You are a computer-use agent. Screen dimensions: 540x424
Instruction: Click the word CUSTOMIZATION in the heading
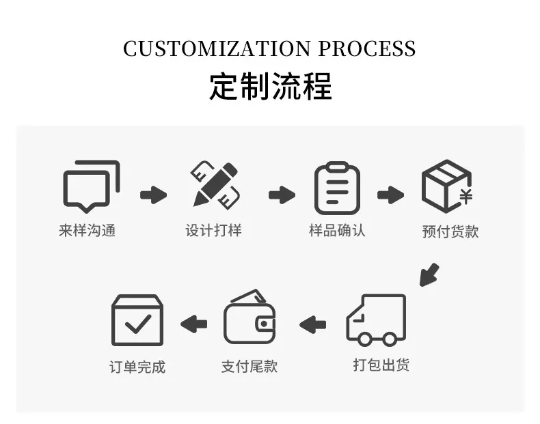pos(217,48)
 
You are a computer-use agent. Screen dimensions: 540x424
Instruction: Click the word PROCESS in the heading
pos(367,48)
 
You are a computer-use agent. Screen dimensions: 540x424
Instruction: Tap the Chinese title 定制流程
pos(271,86)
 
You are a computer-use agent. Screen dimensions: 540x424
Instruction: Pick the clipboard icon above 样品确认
pos(337,188)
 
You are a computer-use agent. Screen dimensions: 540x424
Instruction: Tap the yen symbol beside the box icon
pos(466,197)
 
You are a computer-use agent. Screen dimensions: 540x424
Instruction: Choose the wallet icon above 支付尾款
pos(249,317)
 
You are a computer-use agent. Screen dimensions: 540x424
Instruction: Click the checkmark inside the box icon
pos(138,324)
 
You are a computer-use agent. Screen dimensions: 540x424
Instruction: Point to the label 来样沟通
pos(87,230)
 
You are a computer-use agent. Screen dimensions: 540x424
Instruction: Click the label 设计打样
pos(213,230)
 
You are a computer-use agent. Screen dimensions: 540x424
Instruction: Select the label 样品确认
pos(337,230)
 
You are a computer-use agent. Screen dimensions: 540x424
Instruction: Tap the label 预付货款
pos(450,231)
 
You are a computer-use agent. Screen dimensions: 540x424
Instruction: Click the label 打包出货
pos(381,365)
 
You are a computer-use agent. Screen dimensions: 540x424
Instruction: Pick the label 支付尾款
pos(249,367)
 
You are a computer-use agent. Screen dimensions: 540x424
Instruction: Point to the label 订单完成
pos(137,367)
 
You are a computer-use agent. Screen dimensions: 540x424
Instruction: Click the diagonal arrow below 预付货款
pos(429,275)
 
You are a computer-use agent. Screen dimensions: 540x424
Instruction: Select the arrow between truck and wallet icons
pos(312,324)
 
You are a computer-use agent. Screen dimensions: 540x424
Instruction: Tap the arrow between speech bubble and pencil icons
pos(154,195)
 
